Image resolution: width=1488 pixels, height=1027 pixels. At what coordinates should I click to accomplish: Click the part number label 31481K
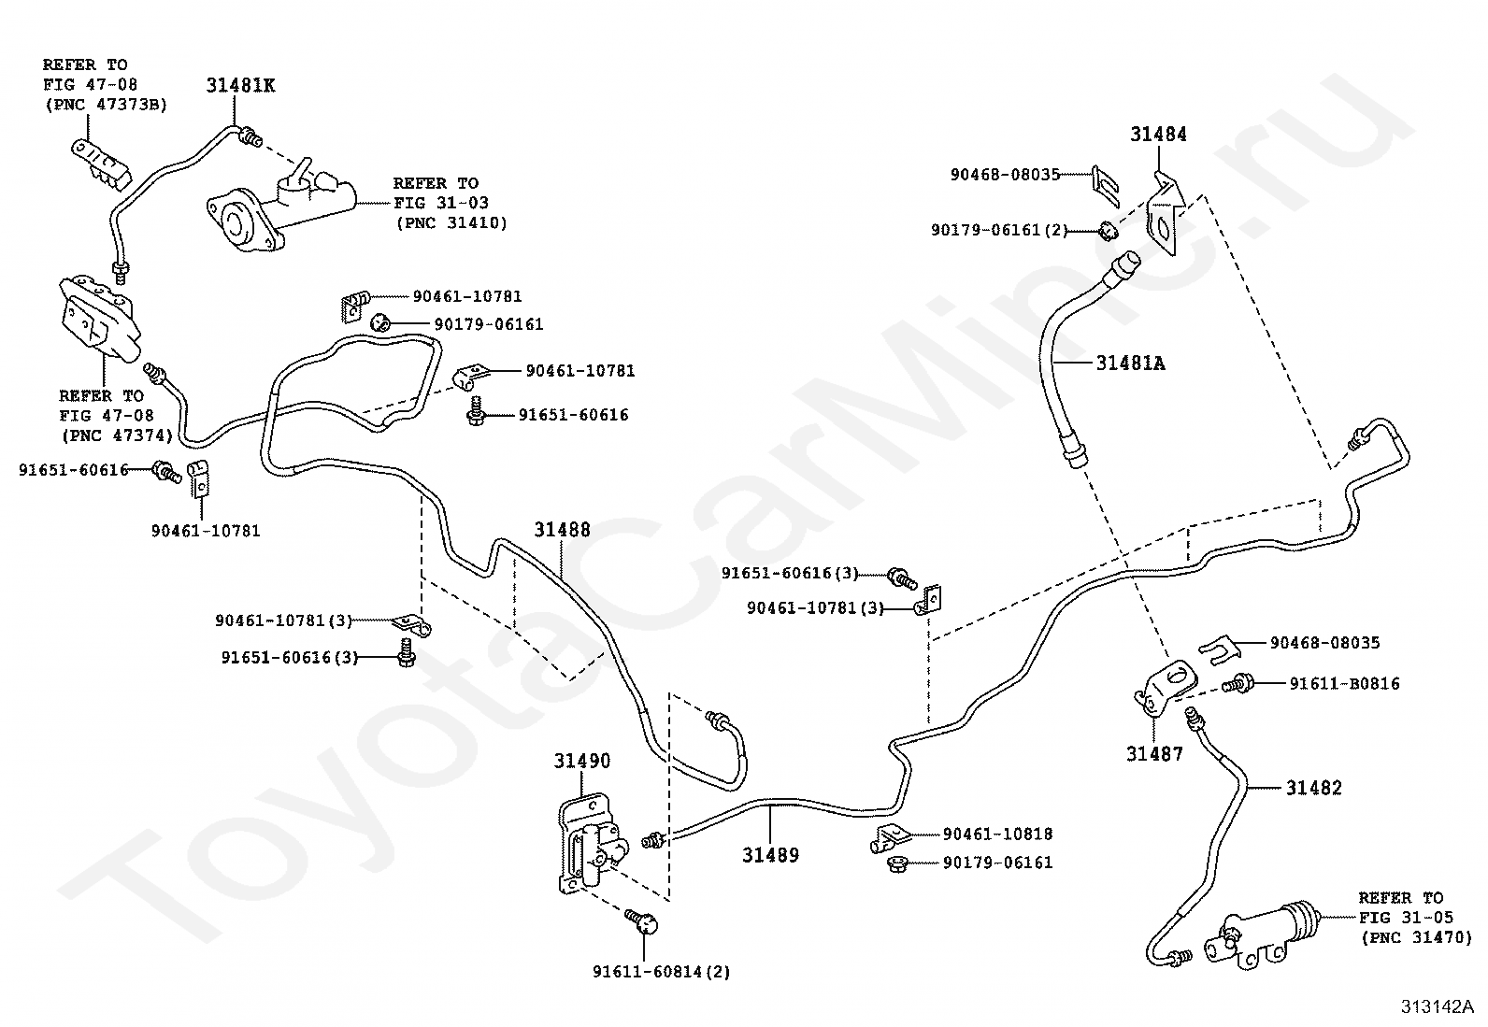tap(240, 85)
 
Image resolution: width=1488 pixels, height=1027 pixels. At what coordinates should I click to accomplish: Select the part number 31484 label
tap(1158, 135)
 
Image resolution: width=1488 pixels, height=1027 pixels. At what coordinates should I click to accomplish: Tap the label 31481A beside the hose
tap(1131, 364)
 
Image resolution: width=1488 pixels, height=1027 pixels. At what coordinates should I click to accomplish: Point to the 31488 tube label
tap(562, 530)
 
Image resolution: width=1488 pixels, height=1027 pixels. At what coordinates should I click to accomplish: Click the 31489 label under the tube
tap(770, 855)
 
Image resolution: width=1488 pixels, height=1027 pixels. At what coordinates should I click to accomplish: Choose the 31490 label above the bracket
tap(582, 761)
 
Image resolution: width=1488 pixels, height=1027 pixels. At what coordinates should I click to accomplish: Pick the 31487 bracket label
tap(1154, 754)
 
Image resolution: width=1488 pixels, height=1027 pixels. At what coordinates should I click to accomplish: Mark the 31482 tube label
tap(1314, 788)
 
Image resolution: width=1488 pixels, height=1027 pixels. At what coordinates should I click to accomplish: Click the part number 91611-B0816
tap(1344, 683)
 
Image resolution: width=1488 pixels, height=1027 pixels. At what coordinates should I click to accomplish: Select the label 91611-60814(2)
tap(662, 972)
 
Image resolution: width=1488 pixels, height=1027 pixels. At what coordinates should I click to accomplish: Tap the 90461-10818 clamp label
tap(997, 834)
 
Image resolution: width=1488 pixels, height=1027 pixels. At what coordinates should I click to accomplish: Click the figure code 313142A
tap(1438, 1007)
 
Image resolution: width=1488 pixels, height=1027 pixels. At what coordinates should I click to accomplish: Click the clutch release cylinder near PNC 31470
tap(1261, 934)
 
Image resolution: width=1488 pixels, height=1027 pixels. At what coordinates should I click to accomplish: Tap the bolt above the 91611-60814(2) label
tap(642, 921)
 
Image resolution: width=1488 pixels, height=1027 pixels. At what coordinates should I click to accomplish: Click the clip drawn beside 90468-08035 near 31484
tap(1106, 185)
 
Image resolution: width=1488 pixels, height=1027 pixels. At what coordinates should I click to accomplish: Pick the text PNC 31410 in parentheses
tap(451, 223)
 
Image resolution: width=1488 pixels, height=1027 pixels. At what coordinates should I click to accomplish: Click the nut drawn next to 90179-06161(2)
tap(1108, 231)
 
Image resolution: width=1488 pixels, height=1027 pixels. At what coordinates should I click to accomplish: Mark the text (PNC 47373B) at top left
tap(107, 105)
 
